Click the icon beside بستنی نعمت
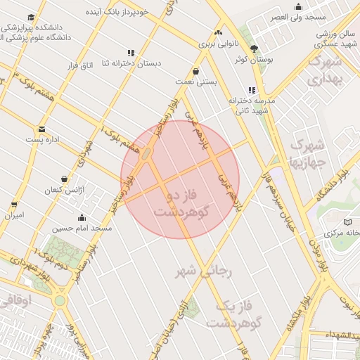click(x=195, y=70)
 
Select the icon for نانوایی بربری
click(x=218, y=32)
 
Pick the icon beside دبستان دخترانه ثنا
click(x=130, y=52)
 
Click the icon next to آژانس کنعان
click(x=65, y=179)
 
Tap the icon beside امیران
click(x=14, y=205)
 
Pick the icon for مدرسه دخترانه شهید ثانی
click(x=251, y=90)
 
